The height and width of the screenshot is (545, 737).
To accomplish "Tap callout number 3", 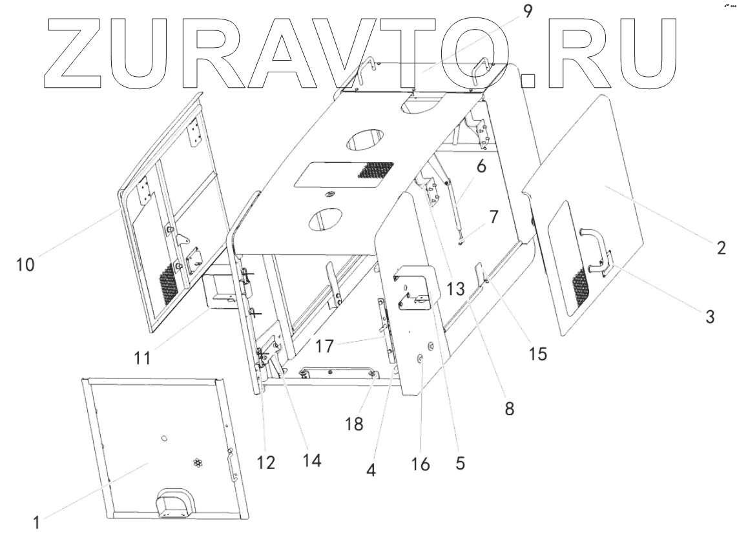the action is pyautogui.click(x=710, y=318).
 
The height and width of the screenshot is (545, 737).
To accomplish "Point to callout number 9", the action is pyautogui.click(x=528, y=11).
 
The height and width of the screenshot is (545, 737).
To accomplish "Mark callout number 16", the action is pyautogui.click(x=420, y=464).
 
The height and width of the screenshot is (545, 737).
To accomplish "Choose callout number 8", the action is pyautogui.click(x=510, y=408).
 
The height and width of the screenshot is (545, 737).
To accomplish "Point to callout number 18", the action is pyautogui.click(x=354, y=424).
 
